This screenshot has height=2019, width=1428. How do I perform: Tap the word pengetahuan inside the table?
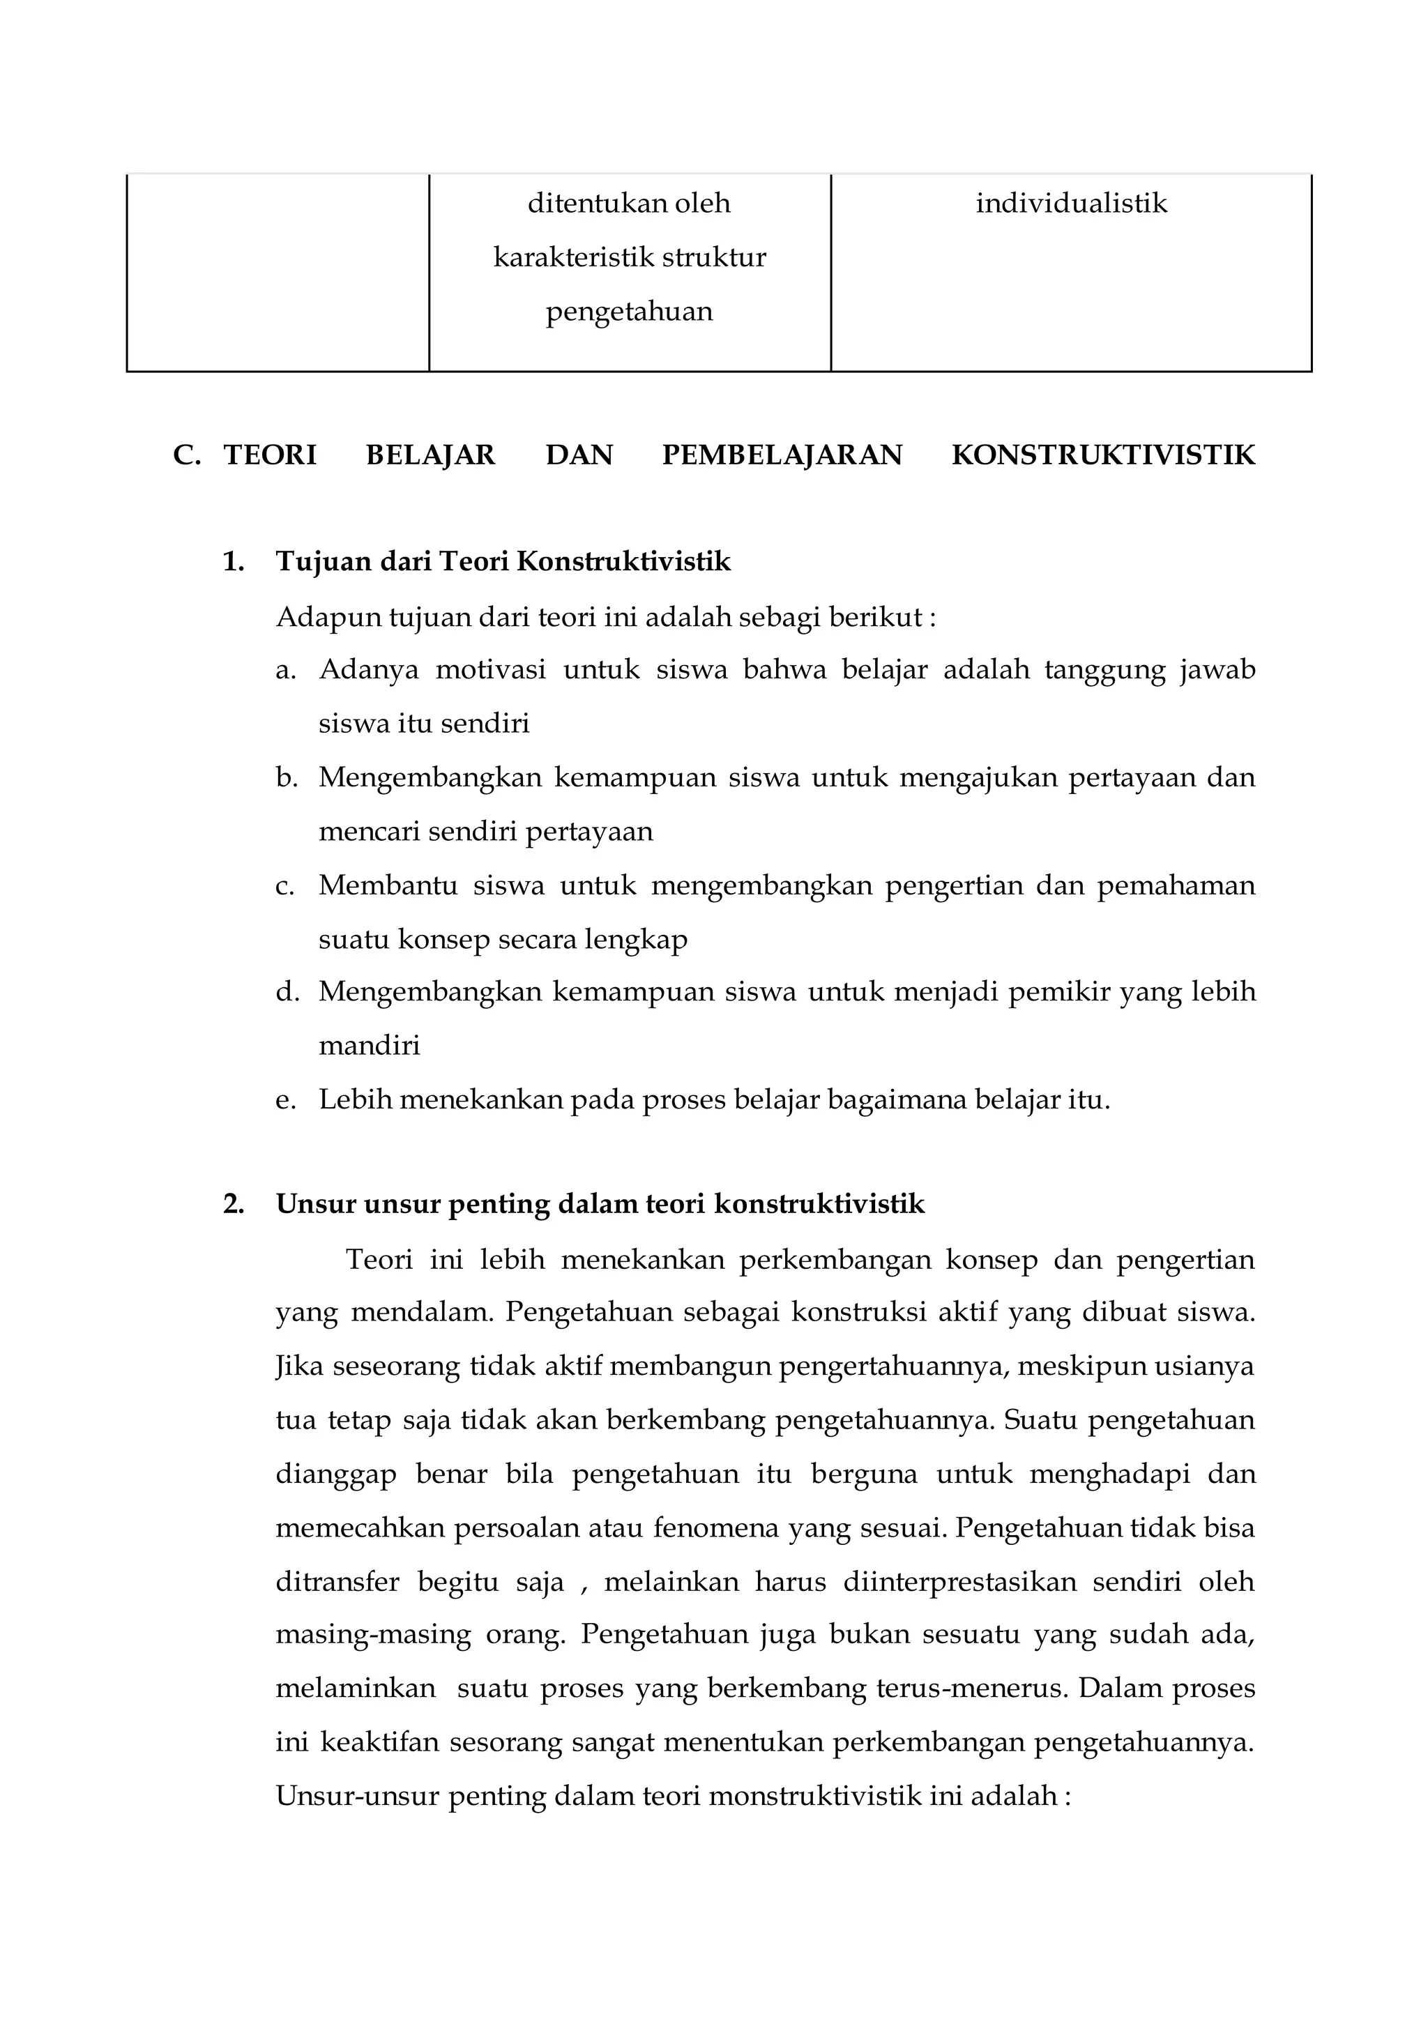[x=629, y=312]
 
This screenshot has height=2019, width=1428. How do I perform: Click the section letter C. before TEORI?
[x=186, y=455]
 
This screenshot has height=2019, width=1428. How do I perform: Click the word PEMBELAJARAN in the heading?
[x=782, y=455]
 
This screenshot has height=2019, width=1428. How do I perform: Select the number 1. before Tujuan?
[x=233, y=562]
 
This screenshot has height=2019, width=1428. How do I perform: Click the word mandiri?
[x=370, y=1046]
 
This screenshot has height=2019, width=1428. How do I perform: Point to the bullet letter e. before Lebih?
[x=285, y=1100]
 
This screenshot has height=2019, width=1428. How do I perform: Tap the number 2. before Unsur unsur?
[x=233, y=1204]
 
